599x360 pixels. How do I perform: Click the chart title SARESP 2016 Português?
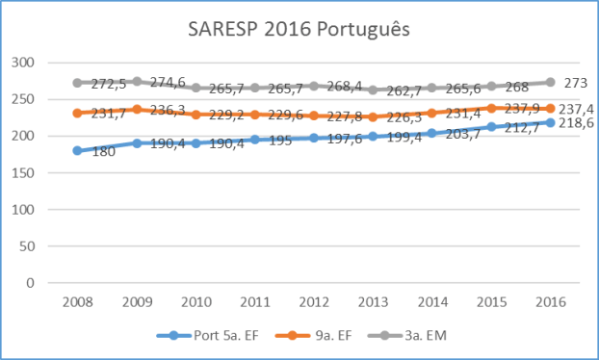point(299,30)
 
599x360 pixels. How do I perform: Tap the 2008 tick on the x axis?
point(77,301)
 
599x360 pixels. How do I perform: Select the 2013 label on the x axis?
point(373,301)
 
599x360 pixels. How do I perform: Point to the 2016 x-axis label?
point(550,301)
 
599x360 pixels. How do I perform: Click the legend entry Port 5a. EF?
point(213,335)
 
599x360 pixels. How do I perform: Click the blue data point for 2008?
point(77,151)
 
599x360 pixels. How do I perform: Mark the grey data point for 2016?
point(550,83)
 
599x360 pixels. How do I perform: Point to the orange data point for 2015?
point(491,108)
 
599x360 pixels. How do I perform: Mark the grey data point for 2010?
point(195,88)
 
